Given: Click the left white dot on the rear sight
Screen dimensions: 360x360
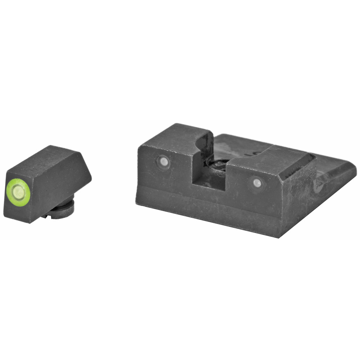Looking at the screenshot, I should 163,162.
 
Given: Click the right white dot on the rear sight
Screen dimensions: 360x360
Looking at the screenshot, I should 257,183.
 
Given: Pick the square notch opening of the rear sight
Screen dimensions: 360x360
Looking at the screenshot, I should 209,173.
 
